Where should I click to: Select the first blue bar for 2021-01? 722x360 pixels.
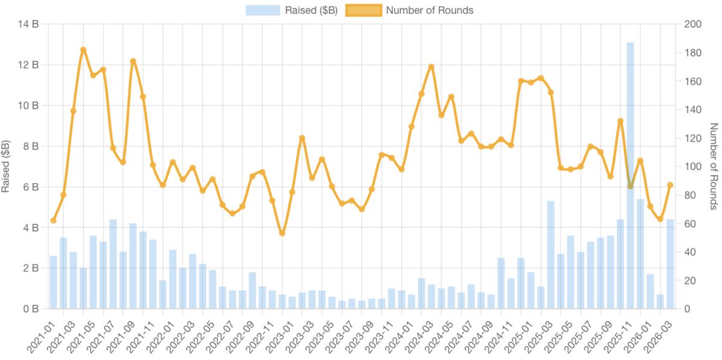tap(54, 283)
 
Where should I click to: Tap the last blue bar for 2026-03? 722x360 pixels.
tap(670, 265)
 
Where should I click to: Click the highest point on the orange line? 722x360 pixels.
tap(83, 50)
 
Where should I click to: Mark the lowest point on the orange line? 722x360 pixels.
tap(282, 233)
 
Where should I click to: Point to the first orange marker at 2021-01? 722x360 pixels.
tap(54, 220)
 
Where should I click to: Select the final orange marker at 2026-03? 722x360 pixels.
tap(670, 185)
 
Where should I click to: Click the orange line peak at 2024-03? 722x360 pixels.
tap(431, 67)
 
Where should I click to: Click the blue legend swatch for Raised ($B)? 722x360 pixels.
tap(262, 10)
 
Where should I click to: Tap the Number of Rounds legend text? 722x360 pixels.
tap(430, 10)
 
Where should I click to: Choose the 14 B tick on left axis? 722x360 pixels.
tap(31, 25)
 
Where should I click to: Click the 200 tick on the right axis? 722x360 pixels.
tap(686, 25)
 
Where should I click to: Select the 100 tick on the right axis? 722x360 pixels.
tap(686, 167)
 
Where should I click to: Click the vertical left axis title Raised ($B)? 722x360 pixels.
tap(7, 166)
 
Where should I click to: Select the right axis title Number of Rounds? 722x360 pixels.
tap(714, 166)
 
